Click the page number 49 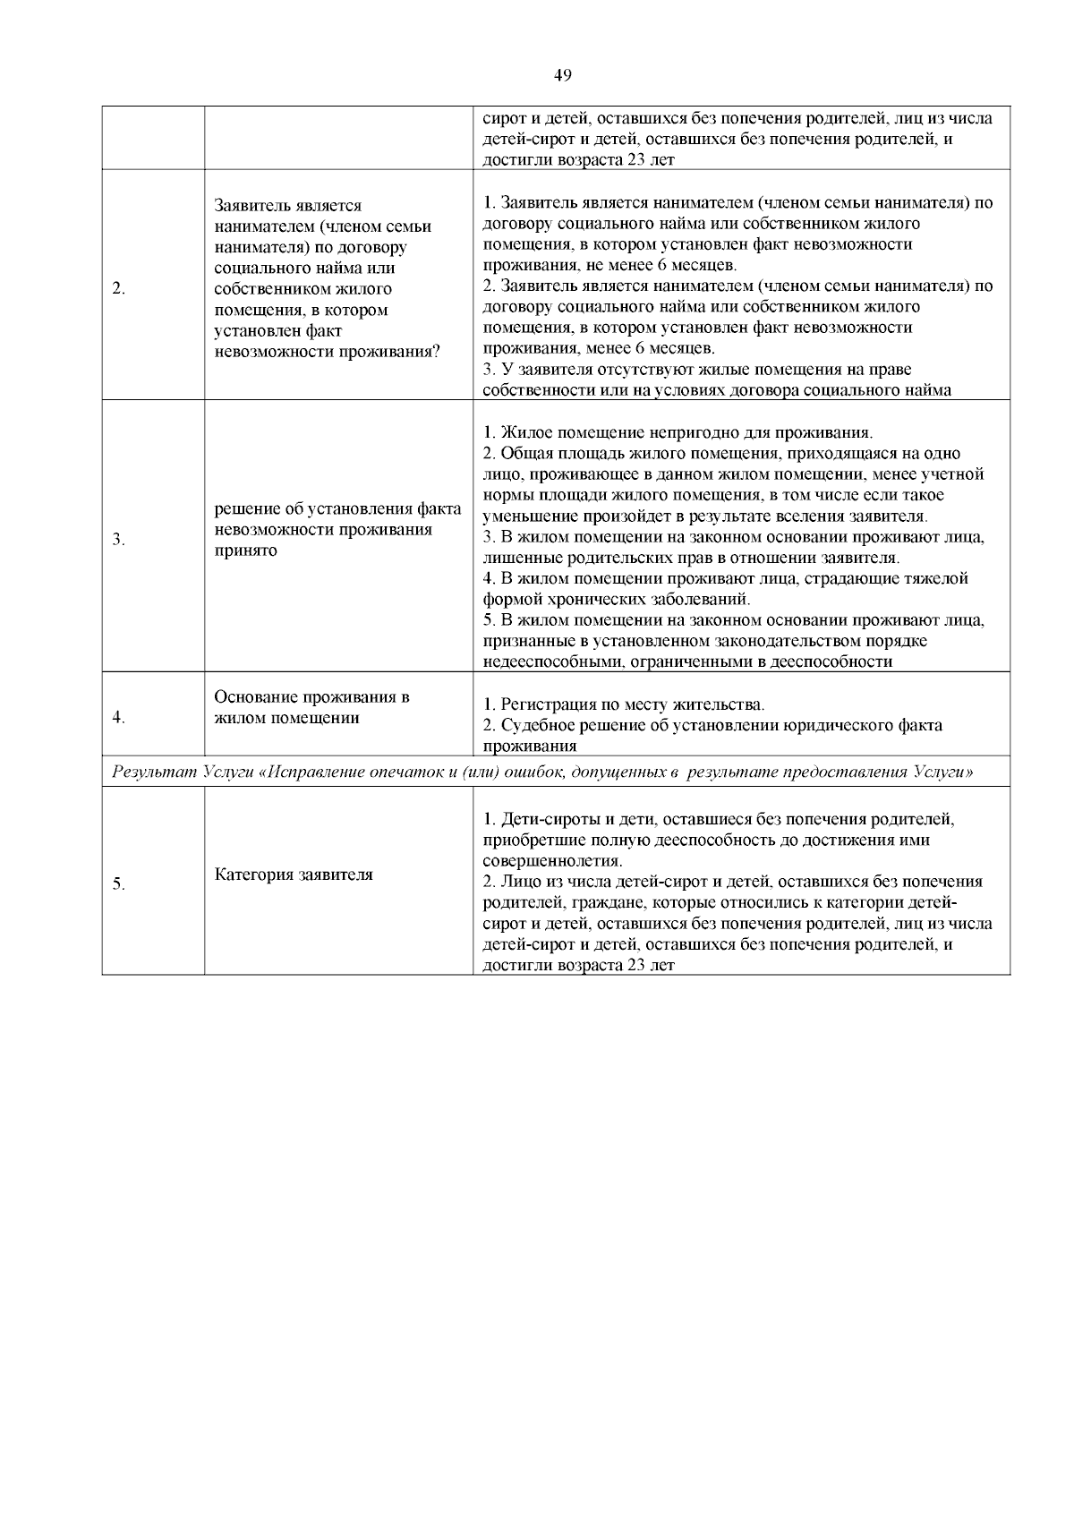click(x=562, y=76)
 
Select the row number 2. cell click(x=118, y=288)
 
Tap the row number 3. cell click(x=118, y=540)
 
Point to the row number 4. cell click(x=118, y=718)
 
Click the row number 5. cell click(x=118, y=884)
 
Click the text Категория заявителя click(x=294, y=875)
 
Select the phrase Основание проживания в click(x=312, y=697)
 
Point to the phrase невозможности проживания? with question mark click(x=327, y=352)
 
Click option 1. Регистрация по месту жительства click(x=624, y=704)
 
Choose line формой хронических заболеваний click(x=617, y=599)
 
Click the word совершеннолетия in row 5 click(x=552, y=861)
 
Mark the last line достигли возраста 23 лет click(x=578, y=965)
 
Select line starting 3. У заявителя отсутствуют click(x=697, y=370)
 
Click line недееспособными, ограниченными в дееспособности click(x=687, y=661)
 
